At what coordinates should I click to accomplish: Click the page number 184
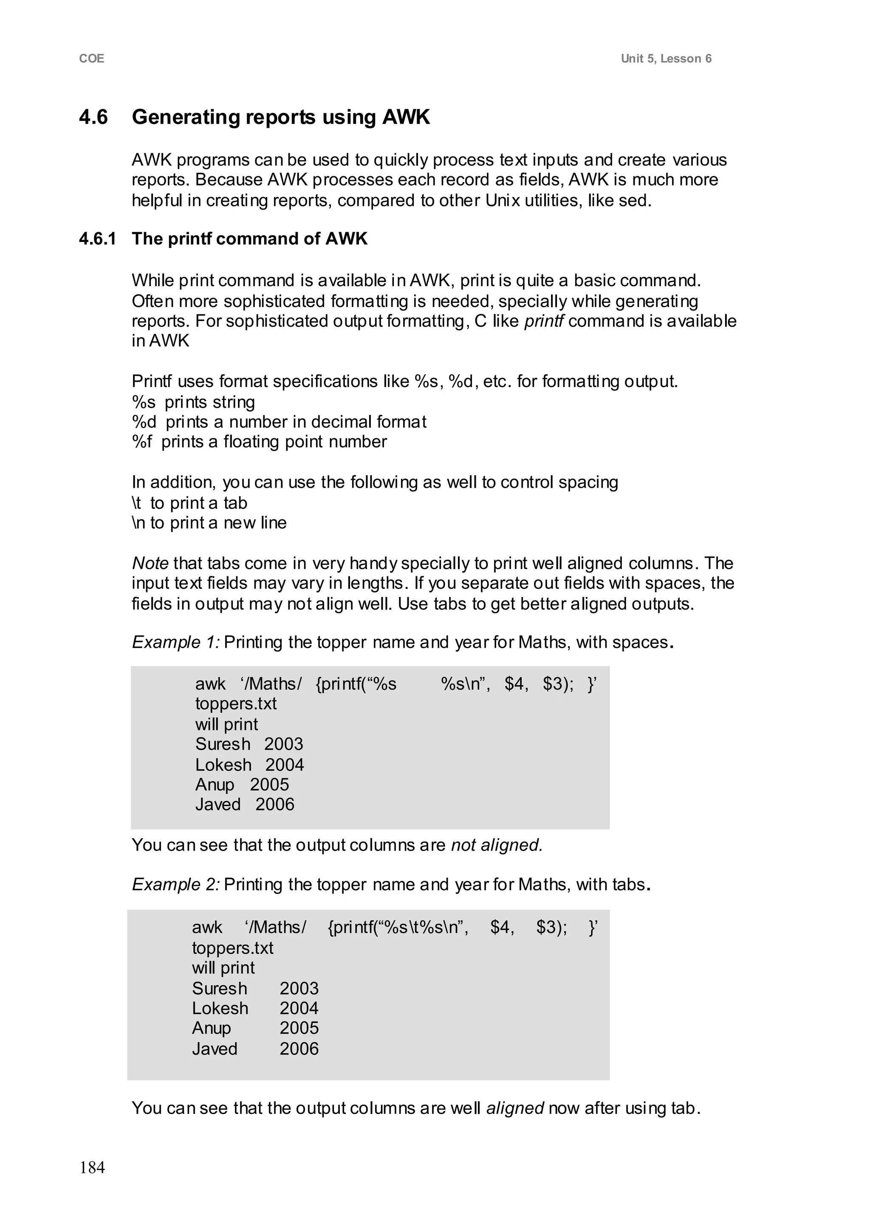[92, 1167]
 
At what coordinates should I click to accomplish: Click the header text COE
[92, 59]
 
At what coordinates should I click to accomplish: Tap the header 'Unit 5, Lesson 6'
[666, 59]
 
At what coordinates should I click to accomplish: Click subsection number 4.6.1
[98, 239]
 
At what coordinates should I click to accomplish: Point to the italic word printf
[543, 321]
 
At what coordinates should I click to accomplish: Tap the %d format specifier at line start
[144, 422]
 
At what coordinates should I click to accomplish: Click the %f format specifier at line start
[142, 442]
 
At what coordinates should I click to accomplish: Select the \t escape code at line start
[137, 503]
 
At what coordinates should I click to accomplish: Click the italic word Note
[150, 564]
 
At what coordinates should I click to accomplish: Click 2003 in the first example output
[283, 744]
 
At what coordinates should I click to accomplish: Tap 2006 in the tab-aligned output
[299, 1049]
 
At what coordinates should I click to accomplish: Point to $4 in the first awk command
[516, 685]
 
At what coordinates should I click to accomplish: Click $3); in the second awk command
[551, 927]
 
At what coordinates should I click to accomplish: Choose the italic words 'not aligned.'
[497, 845]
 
